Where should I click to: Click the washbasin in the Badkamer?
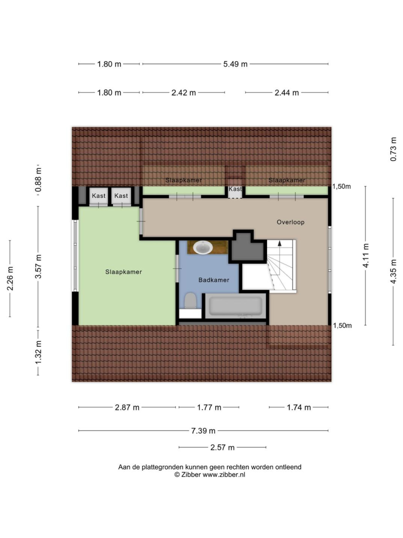pyautogui.click(x=203, y=248)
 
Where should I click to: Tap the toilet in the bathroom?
pyautogui.click(x=190, y=301)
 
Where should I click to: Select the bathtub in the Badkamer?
pyautogui.click(x=235, y=306)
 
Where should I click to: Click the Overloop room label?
pyautogui.click(x=290, y=222)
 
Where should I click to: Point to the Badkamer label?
pyautogui.click(x=214, y=280)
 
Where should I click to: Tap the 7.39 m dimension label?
pyautogui.click(x=203, y=430)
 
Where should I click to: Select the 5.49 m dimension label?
pyautogui.click(x=235, y=64)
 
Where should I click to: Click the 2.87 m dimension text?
pyautogui.click(x=127, y=407)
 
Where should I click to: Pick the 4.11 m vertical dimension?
pyautogui.click(x=366, y=255)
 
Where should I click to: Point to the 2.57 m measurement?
pyautogui.click(x=222, y=447)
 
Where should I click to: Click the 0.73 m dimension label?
pyautogui.click(x=394, y=149)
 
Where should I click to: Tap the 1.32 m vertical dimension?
pyautogui.click(x=38, y=352)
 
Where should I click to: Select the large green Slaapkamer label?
pyautogui.click(x=124, y=272)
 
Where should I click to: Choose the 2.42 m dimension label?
pyautogui.click(x=183, y=93)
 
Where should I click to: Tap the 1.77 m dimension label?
pyautogui.click(x=209, y=407)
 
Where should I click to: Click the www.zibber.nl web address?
pyautogui.click(x=224, y=475)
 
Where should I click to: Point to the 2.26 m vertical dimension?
pyautogui.click(x=10, y=278)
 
